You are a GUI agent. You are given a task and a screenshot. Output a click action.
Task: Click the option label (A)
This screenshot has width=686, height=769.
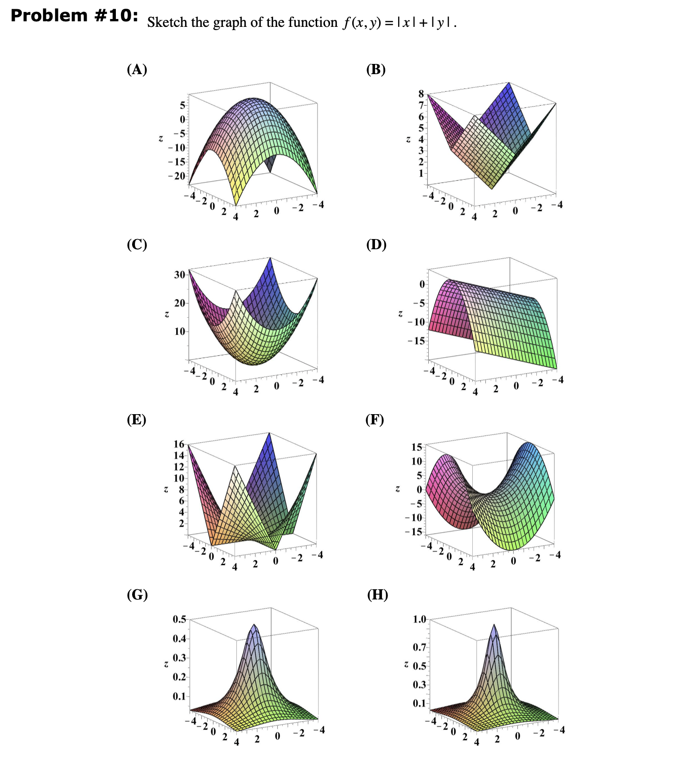pos(137,69)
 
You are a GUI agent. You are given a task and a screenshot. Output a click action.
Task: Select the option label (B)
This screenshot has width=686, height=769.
pos(375,69)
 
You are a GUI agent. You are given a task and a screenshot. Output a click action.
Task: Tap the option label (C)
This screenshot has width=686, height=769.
pos(137,244)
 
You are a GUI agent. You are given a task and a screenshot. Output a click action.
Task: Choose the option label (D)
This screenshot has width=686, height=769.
pos(376,244)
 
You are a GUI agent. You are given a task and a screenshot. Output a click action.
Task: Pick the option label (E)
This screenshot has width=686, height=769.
pos(136,419)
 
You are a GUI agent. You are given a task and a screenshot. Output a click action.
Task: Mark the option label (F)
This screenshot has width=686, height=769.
pos(375,419)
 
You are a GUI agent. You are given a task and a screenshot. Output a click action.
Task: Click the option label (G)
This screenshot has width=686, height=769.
pos(137,594)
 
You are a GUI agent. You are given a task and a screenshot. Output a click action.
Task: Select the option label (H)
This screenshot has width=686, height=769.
pos(377,594)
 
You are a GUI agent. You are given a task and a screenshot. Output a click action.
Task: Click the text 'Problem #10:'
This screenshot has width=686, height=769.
pos(74,16)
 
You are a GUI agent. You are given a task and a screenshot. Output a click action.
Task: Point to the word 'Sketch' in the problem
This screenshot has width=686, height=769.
pos(167,22)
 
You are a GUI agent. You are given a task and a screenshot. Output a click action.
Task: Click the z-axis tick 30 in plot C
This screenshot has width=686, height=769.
pos(179,275)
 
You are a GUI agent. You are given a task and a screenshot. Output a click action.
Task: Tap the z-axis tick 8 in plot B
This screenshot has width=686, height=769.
pos(421,94)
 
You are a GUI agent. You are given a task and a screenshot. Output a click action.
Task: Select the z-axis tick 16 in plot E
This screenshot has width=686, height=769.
pos(179,444)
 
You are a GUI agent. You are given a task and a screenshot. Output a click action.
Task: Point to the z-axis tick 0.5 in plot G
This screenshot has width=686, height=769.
pos(179,619)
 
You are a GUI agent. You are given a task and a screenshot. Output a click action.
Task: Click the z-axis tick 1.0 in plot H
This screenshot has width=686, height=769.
pos(419,619)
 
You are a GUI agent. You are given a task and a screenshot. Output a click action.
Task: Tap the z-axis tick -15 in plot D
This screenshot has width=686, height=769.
pos(416,341)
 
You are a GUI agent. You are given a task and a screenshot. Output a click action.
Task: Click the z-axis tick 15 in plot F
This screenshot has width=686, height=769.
pos(417,447)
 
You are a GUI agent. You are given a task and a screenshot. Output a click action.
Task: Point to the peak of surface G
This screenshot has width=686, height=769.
pos(254,625)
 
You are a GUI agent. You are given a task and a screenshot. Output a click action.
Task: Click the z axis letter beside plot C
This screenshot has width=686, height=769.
pos(166,315)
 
